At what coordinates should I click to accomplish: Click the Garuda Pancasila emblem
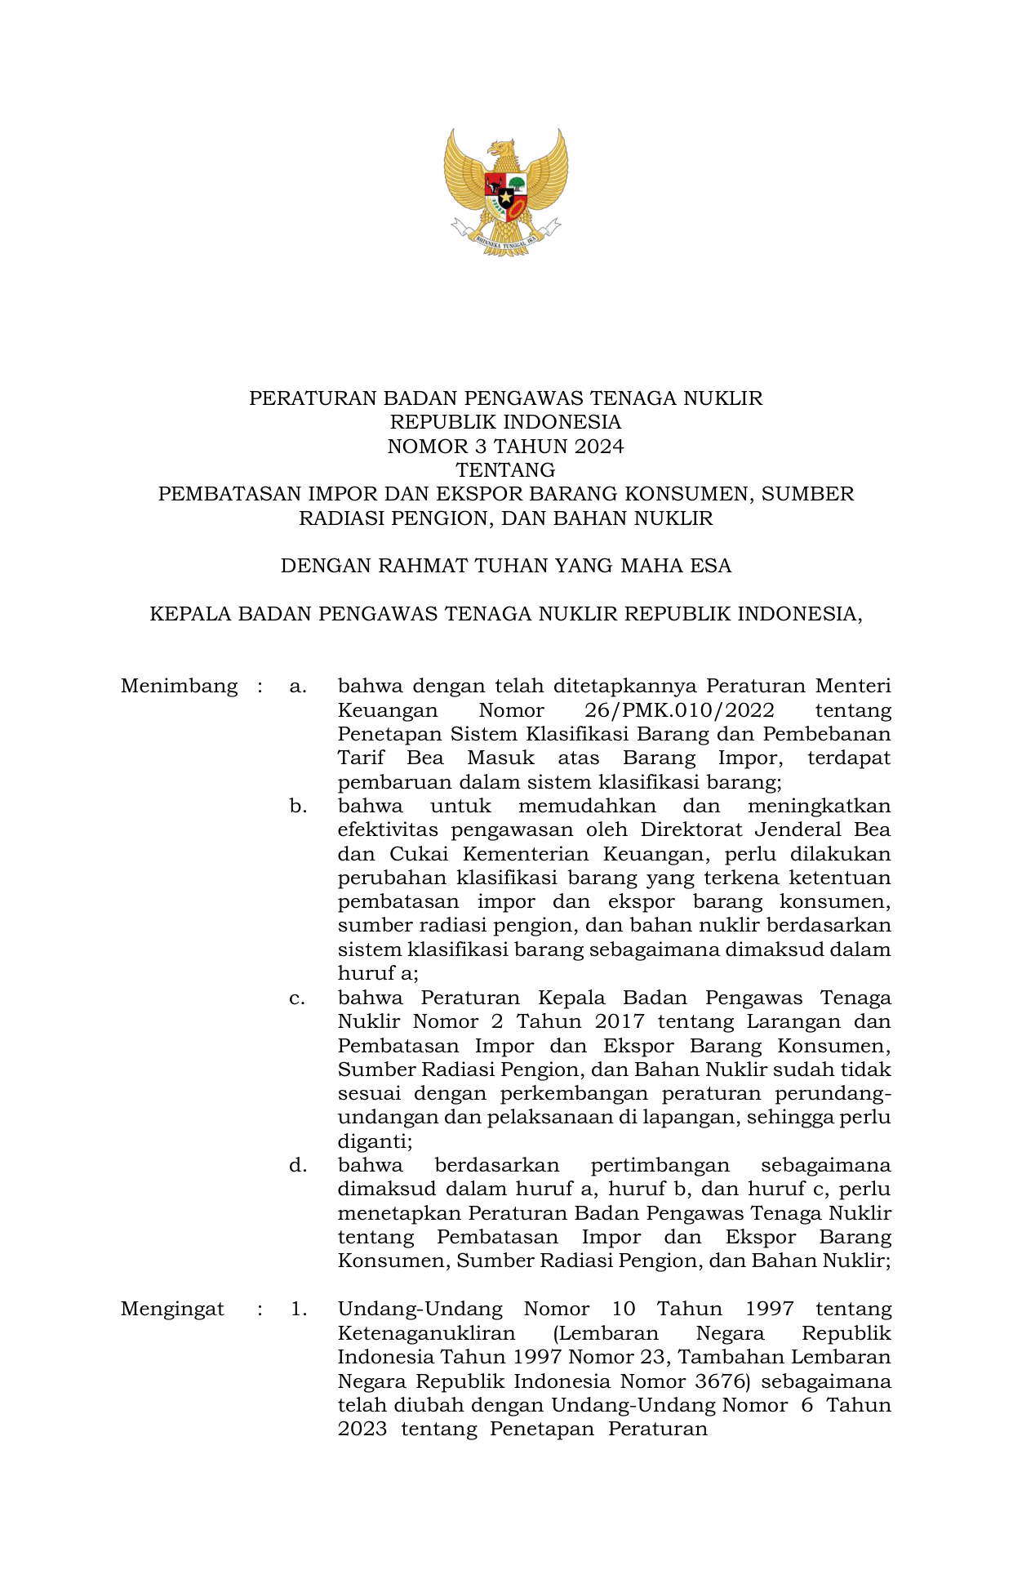tap(506, 192)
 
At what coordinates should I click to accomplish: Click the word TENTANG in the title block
tap(505, 470)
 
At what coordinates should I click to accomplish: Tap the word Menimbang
tap(179, 687)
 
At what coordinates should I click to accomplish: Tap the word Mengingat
tap(172, 1310)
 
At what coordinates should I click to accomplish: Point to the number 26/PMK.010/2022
tap(679, 710)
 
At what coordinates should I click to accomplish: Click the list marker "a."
tap(298, 687)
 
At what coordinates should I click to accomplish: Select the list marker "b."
tap(298, 807)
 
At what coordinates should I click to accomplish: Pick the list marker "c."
tap(297, 998)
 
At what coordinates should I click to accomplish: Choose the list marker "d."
tap(298, 1166)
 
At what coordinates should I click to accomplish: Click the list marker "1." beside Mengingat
tap(299, 1310)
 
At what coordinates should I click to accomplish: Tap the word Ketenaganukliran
tap(426, 1334)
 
